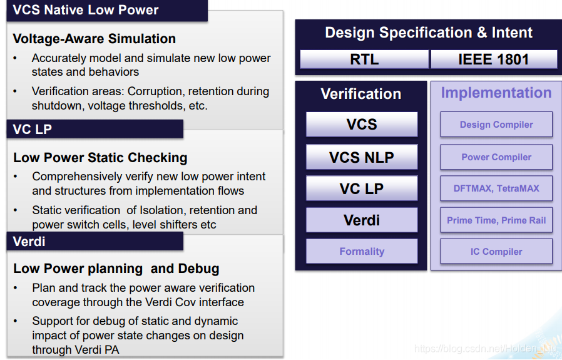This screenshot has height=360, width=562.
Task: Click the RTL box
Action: coord(364,59)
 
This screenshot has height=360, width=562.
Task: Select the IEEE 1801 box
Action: coord(494,59)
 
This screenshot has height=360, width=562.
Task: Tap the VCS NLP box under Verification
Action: coord(362,157)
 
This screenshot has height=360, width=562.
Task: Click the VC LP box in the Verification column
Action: coord(362,188)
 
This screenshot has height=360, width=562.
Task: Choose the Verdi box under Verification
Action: coord(362,220)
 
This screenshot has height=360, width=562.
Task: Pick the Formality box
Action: coord(362,252)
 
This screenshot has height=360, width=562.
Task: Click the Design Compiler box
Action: coord(496,125)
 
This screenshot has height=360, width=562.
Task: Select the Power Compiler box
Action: coord(496,157)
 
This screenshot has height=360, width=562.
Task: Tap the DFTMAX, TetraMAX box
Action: coord(496,188)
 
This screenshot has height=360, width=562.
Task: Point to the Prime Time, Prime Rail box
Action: coord(496,220)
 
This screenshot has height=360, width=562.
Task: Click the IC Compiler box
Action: coord(496,252)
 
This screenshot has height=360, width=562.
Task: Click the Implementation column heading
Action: coord(496,93)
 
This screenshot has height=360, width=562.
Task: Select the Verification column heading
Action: coord(361,94)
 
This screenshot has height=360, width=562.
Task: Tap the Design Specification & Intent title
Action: coord(429,33)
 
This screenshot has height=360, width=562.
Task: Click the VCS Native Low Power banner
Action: coord(86,10)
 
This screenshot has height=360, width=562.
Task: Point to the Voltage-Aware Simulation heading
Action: coord(95,39)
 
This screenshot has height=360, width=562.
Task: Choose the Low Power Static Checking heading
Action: coord(100,158)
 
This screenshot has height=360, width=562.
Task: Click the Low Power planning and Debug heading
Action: coord(116,269)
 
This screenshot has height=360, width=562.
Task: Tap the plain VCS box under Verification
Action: coord(362,125)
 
